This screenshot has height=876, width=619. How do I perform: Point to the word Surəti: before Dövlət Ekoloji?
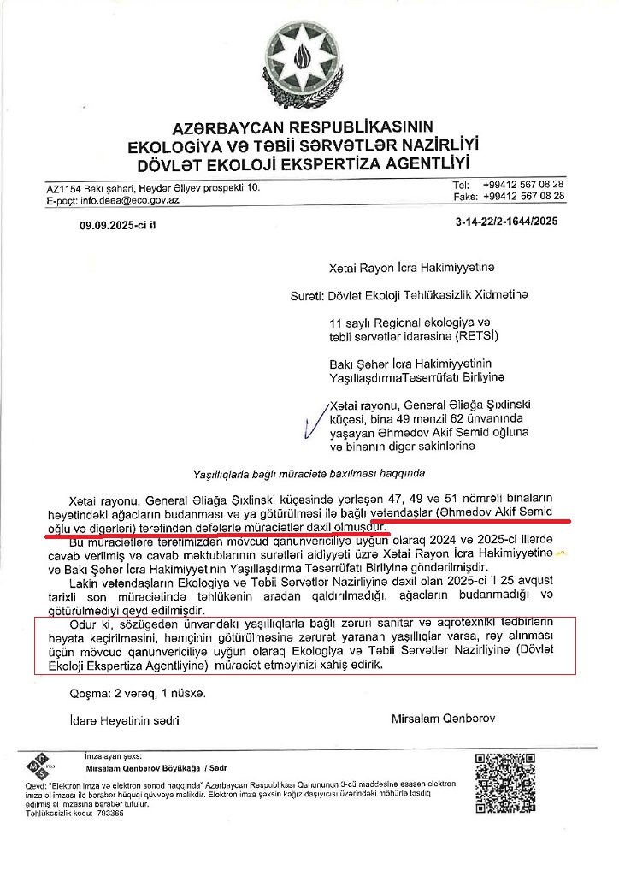[308, 296]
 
